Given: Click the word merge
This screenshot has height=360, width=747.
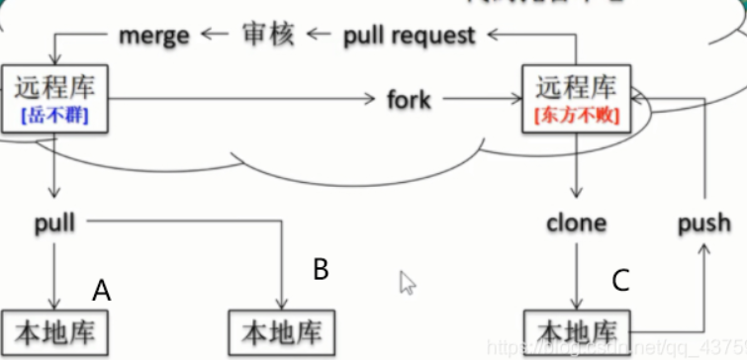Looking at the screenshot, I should (x=153, y=37).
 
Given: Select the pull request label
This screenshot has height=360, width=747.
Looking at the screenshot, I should (x=409, y=37).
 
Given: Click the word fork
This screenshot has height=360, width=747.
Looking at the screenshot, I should (x=409, y=100).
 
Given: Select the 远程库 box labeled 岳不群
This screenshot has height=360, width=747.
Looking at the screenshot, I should (x=53, y=99).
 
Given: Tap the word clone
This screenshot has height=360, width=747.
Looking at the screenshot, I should (x=576, y=223).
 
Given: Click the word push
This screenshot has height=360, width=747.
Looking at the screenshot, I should (x=704, y=223).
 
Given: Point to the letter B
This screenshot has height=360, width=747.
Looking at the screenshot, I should (x=320, y=270).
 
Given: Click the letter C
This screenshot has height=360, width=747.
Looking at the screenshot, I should (x=620, y=280).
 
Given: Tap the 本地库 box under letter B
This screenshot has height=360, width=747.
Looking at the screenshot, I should (x=282, y=329).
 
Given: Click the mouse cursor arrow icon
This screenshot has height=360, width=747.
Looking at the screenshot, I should (x=407, y=282).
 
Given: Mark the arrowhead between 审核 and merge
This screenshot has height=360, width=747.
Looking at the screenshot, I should (x=209, y=37).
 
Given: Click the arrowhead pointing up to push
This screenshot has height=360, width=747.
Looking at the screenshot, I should (x=704, y=252).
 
